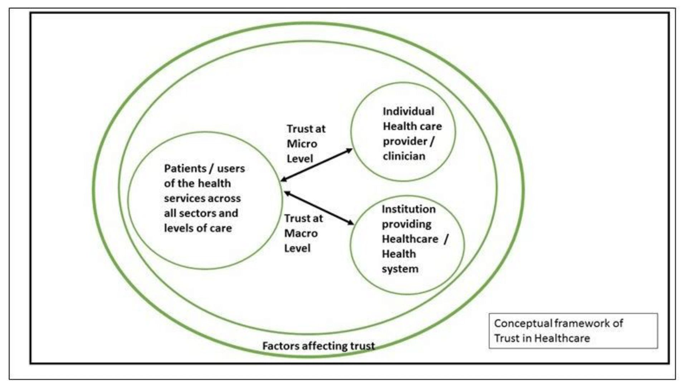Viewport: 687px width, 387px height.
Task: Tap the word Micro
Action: [x=302, y=144]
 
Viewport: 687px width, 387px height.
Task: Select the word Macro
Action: [x=301, y=233]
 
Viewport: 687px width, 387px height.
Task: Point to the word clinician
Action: [x=404, y=156]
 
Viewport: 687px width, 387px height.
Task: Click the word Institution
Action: [x=408, y=209]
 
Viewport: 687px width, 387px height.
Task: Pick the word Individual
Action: [x=408, y=111]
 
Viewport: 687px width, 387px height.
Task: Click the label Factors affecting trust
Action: [x=318, y=346]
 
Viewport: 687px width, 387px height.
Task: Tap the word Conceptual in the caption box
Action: [x=522, y=323]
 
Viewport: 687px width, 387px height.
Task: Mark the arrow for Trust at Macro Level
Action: [x=319, y=208]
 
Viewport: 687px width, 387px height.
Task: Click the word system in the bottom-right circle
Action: [x=400, y=269]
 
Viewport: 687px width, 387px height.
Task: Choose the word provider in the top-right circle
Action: [x=405, y=141]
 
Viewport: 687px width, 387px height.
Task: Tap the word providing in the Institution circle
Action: [x=406, y=224]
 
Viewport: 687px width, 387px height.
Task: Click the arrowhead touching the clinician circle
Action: [x=349, y=151]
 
